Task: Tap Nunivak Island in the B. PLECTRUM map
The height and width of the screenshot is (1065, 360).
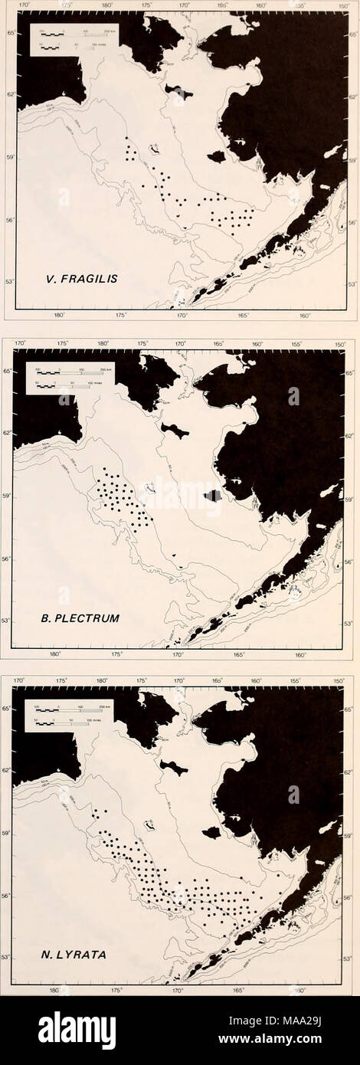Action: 212,495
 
